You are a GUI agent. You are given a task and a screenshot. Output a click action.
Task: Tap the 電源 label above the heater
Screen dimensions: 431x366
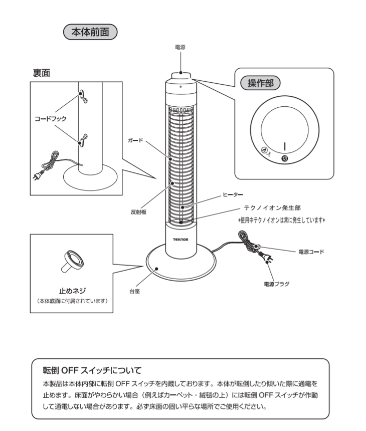tap(180, 47)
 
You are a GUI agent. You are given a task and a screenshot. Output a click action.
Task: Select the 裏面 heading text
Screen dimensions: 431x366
tap(42, 73)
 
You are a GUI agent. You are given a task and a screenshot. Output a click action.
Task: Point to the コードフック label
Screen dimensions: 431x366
tap(50, 119)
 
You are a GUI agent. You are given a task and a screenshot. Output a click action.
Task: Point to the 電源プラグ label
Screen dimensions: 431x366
tap(276, 284)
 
